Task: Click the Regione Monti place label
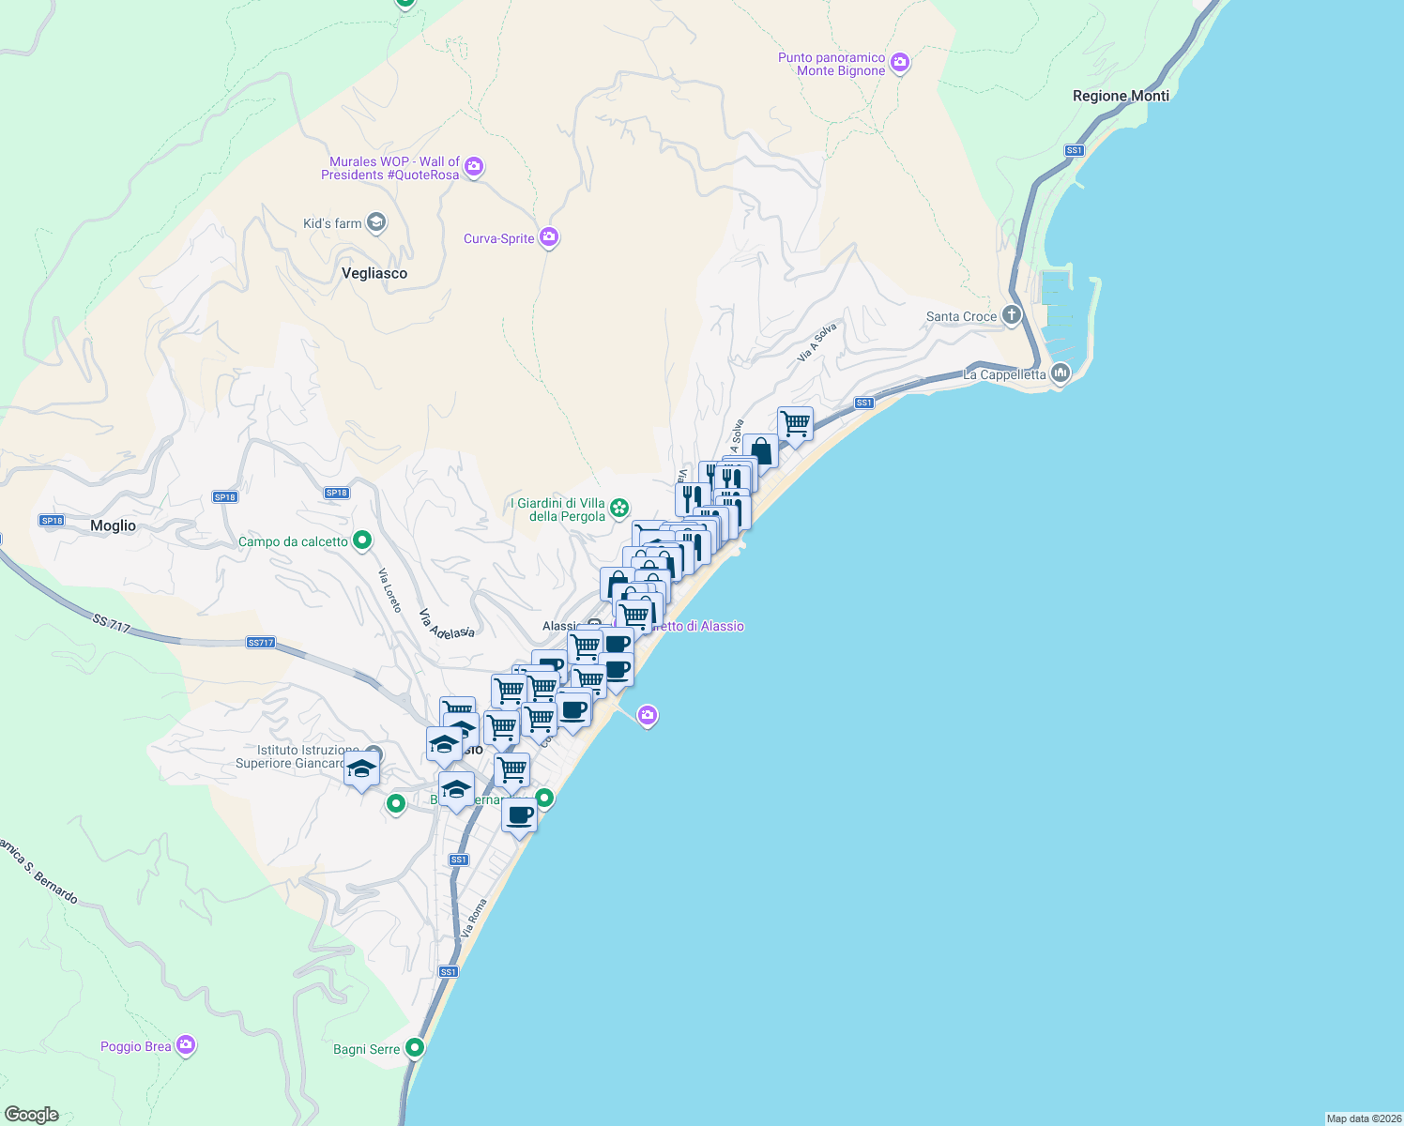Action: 1121,96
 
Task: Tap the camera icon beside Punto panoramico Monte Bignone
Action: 900,63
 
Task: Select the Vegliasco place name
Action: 374,273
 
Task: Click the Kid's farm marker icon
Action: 376,222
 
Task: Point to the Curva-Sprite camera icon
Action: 549,237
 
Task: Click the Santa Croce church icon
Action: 1011,314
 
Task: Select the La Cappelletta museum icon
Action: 1061,373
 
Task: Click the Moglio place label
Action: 114,525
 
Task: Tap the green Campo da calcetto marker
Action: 362,540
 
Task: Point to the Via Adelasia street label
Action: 446,624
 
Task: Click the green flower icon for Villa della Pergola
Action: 619,509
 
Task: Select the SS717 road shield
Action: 260,643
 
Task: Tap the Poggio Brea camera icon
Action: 186,1044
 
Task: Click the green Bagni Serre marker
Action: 415,1048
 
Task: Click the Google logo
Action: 32,1115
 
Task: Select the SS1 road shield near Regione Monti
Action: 1075,150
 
